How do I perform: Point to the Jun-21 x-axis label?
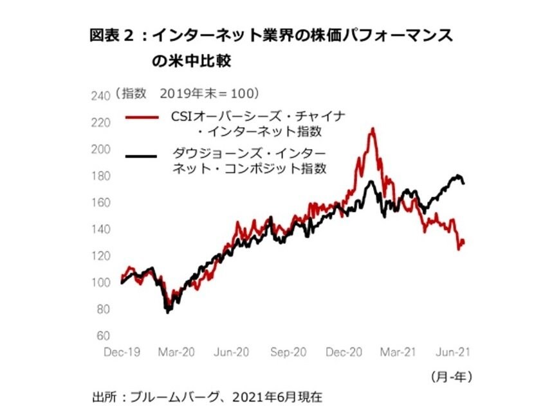pyautogui.click(x=455, y=353)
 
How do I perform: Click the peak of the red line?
pyautogui.click(x=373, y=129)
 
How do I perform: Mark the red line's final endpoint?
pyautogui.click(x=464, y=242)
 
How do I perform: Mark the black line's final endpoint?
pyautogui.click(x=464, y=184)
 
